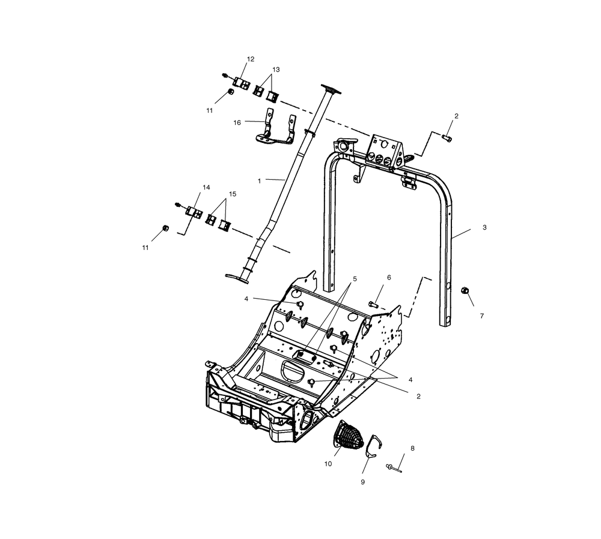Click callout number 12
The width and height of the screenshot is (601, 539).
(250, 59)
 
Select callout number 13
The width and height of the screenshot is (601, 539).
(276, 69)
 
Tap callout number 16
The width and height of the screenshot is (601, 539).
(237, 123)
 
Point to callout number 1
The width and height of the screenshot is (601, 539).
(259, 180)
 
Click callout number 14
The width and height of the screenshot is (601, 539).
(206, 187)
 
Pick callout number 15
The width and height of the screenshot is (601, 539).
(233, 194)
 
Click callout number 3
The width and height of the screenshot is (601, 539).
(484, 227)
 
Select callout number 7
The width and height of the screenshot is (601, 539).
(482, 316)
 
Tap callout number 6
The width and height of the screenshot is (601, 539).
(389, 277)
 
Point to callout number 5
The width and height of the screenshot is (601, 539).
(355, 279)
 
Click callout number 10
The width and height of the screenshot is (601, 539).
(328, 464)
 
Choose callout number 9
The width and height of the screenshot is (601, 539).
(362, 482)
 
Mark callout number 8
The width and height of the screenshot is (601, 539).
(412, 448)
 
